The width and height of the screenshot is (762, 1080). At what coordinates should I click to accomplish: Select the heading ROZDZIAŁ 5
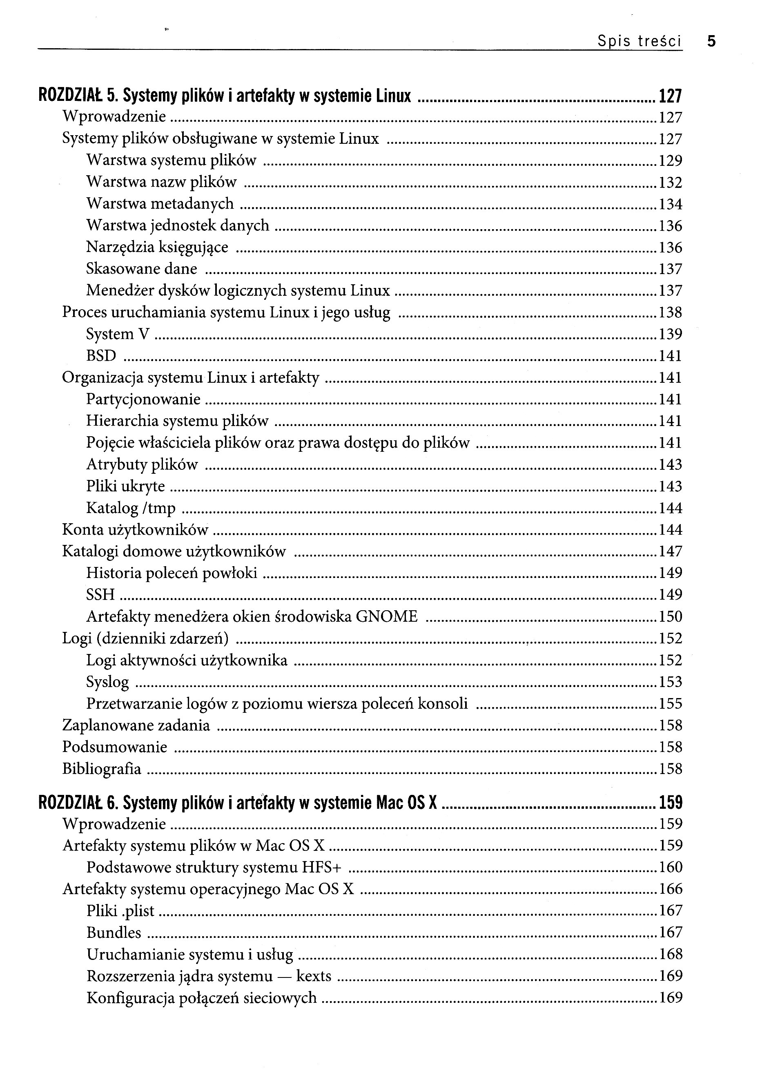coord(77,96)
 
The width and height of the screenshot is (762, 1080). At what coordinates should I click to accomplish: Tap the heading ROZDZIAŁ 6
coord(77,803)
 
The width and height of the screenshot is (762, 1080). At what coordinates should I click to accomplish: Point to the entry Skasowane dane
coord(142,269)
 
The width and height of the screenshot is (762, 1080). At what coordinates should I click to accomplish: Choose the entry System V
coord(118,334)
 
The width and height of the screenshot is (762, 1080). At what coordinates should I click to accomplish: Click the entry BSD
coord(101,356)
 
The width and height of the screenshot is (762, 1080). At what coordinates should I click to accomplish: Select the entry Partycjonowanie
coord(143,399)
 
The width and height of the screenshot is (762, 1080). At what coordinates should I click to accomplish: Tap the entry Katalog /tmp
coord(131,508)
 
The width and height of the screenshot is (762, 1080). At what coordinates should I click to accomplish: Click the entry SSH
coord(100,595)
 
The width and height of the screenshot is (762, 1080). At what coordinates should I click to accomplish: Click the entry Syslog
coord(107,682)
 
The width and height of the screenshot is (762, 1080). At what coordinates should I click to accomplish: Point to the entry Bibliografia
coord(102,769)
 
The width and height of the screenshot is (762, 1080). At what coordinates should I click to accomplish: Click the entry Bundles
coord(114,932)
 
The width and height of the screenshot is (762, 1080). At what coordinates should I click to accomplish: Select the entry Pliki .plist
coord(120,910)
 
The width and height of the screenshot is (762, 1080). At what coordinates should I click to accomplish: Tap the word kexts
coord(314,976)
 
